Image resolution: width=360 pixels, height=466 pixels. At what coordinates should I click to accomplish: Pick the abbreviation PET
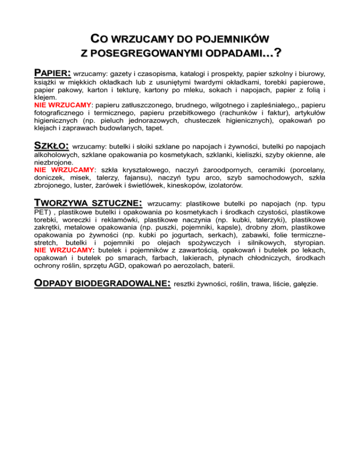point(42,212)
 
